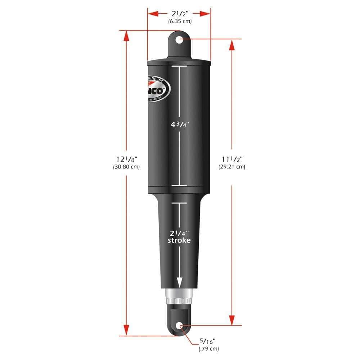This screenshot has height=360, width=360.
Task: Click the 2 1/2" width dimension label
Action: (x=179, y=14)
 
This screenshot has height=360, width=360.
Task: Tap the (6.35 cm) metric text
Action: (x=180, y=21)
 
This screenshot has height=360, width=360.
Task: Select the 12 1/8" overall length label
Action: (x=126, y=159)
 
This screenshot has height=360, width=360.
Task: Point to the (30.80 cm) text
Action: (x=126, y=167)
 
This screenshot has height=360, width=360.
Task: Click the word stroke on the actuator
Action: (x=179, y=240)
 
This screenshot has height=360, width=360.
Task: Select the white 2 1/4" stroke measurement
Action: (x=179, y=232)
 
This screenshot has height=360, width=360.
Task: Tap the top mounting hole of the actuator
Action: (x=179, y=39)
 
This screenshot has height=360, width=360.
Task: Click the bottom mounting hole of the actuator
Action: (x=179, y=326)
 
